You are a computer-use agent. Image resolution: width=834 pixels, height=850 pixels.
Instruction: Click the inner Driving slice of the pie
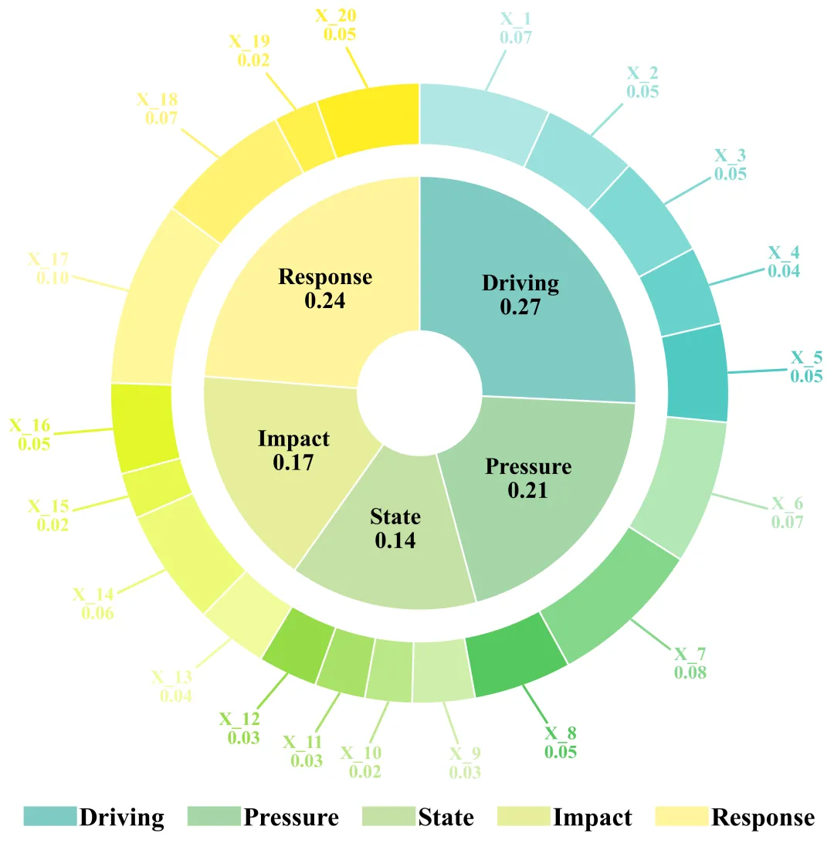pyautogui.click(x=541, y=255)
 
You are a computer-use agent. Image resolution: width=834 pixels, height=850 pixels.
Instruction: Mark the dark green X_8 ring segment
pyautogui.click(x=516, y=664)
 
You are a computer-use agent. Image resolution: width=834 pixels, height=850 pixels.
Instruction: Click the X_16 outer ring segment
pyautogui.click(x=144, y=427)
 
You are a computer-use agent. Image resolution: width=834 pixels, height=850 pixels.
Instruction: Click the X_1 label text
pyautogui.click(x=517, y=18)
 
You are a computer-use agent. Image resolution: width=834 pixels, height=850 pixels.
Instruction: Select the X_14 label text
pyautogui.click(x=93, y=594)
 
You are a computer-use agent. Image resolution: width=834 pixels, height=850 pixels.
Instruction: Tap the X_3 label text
pyautogui.click(x=730, y=156)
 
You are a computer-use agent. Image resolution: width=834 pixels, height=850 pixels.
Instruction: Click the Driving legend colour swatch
pyautogui.click(x=49, y=817)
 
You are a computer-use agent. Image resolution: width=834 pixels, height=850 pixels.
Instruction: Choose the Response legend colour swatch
pyautogui.click(x=681, y=817)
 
